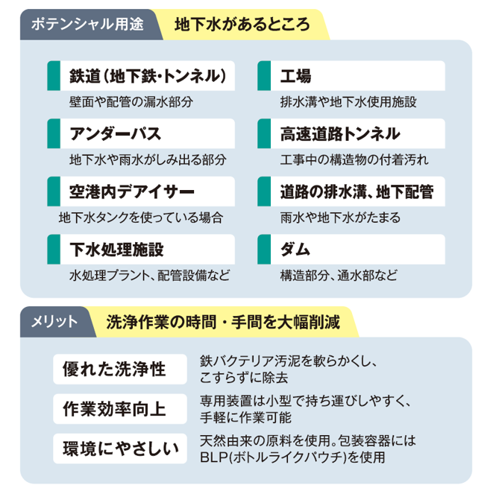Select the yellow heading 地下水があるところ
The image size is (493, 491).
tap(242, 23)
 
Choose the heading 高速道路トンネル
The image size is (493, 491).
tap(339, 134)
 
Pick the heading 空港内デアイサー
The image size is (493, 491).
tap(131, 191)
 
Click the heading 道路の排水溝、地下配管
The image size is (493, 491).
tap(357, 191)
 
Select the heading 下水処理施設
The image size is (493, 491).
tap(116, 249)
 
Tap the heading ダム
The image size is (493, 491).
tap(295, 249)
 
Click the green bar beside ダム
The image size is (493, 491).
tap(263, 249)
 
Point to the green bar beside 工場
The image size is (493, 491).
tap(263, 76)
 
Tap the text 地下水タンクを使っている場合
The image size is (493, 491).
tap(140, 218)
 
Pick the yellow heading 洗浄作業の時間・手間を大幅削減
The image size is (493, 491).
tap(223, 322)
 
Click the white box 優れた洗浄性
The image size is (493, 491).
tap(119, 369)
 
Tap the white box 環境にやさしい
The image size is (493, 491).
tap(119, 449)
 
